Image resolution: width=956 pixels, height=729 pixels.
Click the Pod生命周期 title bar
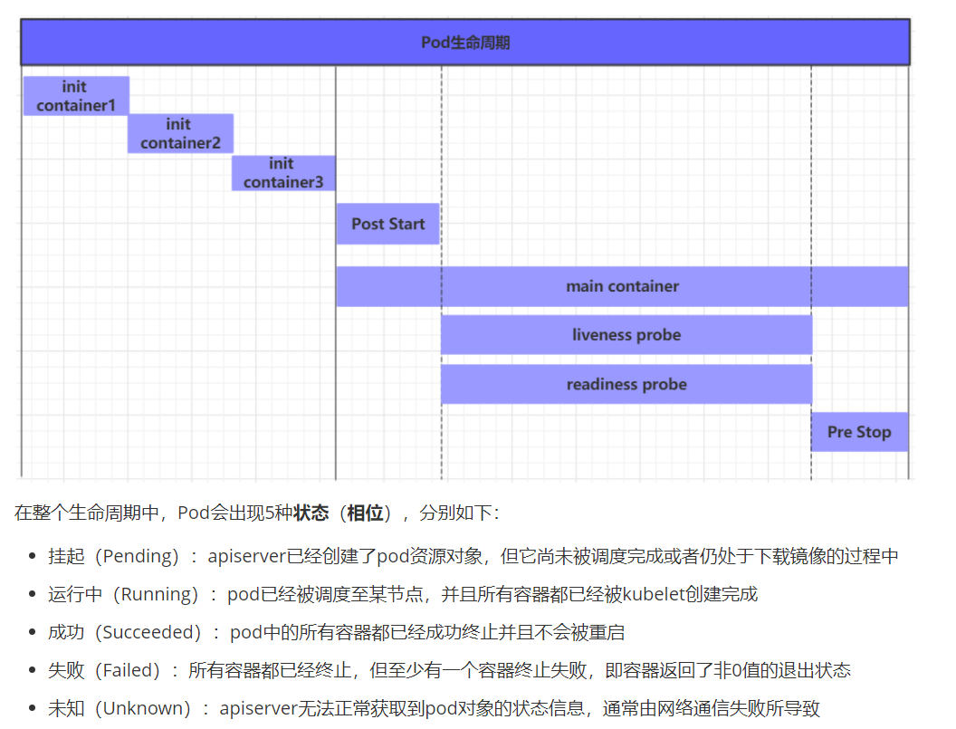465,43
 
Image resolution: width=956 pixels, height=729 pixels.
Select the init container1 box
76,96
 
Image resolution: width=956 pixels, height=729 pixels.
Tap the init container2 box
180,134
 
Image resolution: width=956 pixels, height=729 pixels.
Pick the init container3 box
283,173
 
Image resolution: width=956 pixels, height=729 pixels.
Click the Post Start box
387,224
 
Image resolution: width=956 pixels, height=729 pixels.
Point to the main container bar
622,286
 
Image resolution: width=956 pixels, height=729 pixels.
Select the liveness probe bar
626,335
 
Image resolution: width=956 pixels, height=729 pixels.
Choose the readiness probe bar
626,385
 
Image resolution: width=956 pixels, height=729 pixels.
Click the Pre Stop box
859,432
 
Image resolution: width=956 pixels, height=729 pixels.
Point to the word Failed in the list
126,670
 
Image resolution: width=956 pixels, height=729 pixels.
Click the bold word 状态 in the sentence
311,513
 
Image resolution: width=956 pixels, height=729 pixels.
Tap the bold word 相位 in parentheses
365,513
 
